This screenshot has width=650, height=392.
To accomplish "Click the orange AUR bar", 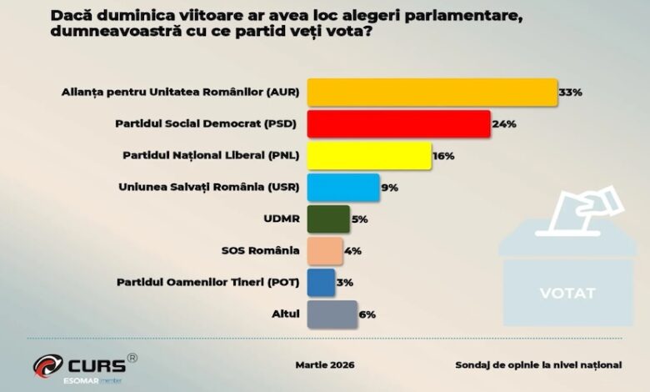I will pyautogui.click(x=432, y=92).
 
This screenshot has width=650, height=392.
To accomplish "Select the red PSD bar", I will pyautogui.click(x=398, y=123).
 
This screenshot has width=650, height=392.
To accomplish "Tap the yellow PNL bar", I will pyautogui.click(x=369, y=155).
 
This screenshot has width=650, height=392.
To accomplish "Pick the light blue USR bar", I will pyautogui.click(x=343, y=187).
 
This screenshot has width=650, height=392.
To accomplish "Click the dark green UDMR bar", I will pyautogui.click(x=328, y=219).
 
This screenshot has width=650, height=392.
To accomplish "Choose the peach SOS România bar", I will pyautogui.click(x=325, y=250).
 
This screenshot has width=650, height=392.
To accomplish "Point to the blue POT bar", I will pyautogui.click(x=321, y=282).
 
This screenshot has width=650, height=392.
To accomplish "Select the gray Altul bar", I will pyautogui.click(x=332, y=314).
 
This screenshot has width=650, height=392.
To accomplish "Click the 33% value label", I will pyautogui.click(x=570, y=92).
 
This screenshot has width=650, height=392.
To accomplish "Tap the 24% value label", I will pyautogui.click(x=504, y=123).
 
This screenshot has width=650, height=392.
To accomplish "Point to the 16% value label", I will pyautogui.click(x=445, y=155).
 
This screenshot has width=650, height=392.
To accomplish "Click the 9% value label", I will pyautogui.click(x=389, y=188).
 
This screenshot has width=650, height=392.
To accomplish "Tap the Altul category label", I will pyautogui.click(x=286, y=314).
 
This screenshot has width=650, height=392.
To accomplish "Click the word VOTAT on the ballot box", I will pyautogui.click(x=567, y=294).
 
